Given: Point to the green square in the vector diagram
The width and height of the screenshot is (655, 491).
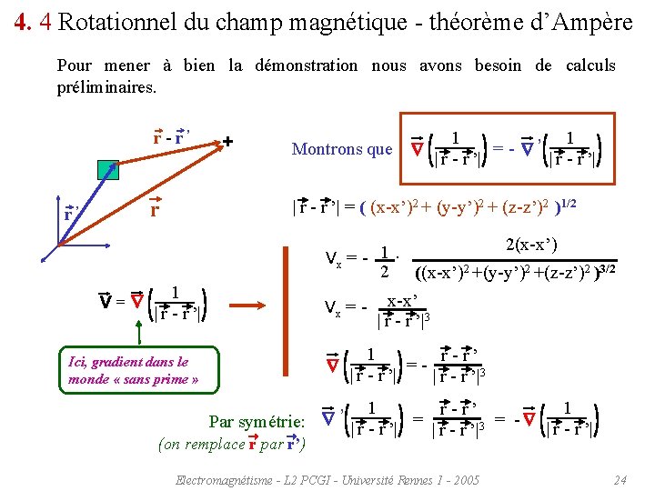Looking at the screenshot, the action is [x=108, y=168].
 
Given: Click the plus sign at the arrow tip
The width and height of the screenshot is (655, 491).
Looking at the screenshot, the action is [x=227, y=141].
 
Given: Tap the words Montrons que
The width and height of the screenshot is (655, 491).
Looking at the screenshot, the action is [x=341, y=149].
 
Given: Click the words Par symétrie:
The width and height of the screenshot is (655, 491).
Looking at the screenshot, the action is [x=256, y=422].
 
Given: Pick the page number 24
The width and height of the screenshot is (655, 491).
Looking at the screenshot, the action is [x=620, y=479].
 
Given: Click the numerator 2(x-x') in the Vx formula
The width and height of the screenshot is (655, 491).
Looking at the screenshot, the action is [x=530, y=245].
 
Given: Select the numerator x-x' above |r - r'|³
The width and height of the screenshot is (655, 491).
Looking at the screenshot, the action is [x=402, y=300].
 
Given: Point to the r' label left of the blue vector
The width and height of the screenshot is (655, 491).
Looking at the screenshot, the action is [x=71, y=215].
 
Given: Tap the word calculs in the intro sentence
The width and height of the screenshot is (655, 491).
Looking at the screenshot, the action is [x=590, y=65].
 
